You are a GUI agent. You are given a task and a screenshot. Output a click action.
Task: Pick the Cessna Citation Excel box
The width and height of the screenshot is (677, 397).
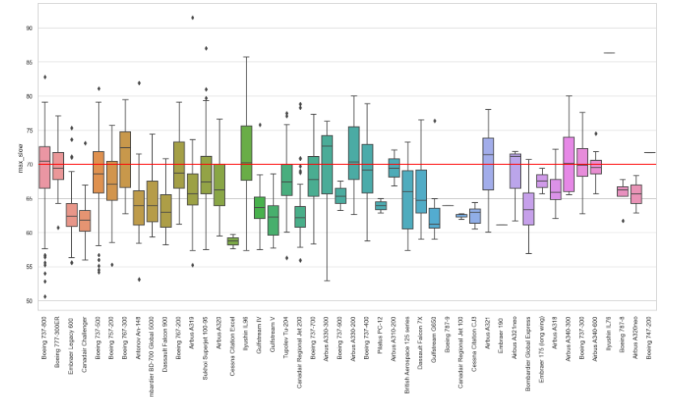233,241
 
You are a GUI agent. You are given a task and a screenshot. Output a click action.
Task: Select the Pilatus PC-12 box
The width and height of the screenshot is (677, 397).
380,205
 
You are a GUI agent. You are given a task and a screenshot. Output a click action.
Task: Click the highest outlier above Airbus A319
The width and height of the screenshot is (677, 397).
192,17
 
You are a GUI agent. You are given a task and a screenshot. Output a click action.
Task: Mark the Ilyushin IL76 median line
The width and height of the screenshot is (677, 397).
609,53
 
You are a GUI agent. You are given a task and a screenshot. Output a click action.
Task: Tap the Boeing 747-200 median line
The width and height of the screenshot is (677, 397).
649,152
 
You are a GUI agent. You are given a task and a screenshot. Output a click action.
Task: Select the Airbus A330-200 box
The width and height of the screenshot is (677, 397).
353,153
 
